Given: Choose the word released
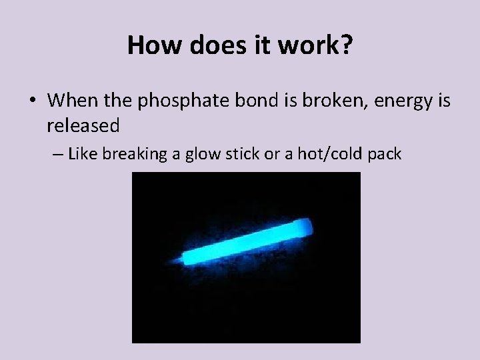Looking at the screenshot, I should point(83,125).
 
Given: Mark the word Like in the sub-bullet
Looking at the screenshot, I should point(83,155).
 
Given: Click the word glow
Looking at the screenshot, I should point(201,155).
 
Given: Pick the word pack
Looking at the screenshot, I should point(385,155).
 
